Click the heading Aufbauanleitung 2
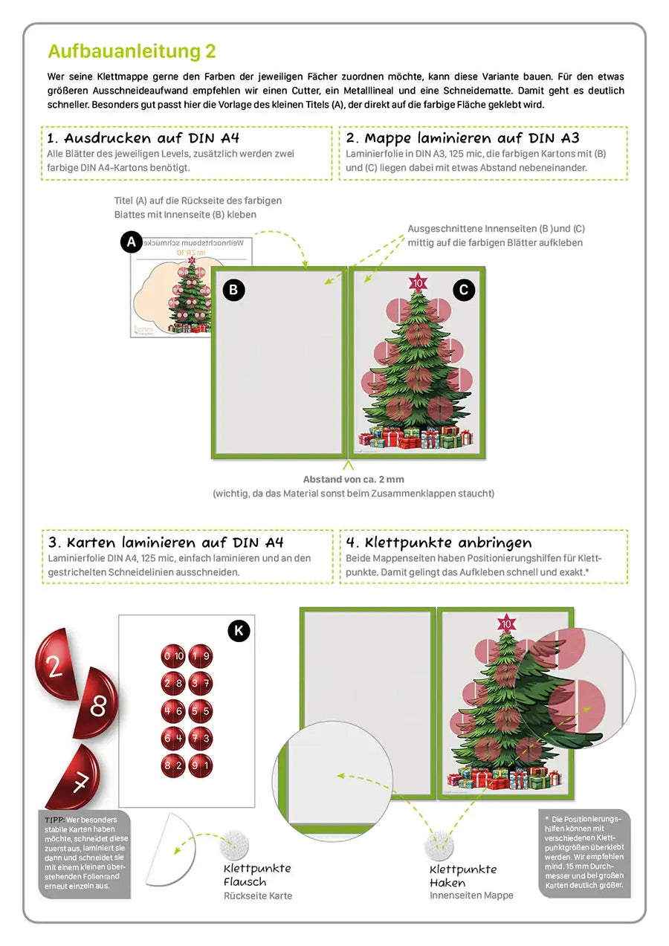click(x=132, y=51)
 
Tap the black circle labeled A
click(x=132, y=242)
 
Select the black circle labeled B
click(x=233, y=290)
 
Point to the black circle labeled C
click(x=463, y=290)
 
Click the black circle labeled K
click(x=238, y=631)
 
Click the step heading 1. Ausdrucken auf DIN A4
click(x=143, y=138)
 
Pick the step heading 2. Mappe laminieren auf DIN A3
click(x=462, y=138)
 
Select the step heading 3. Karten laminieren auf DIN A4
click(x=165, y=542)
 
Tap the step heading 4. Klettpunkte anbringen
click(x=439, y=542)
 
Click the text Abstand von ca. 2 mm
click(x=353, y=479)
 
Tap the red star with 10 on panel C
click(x=418, y=283)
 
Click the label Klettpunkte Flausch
click(x=257, y=875)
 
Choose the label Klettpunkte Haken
click(x=463, y=875)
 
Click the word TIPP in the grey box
click(x=55, y=820)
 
